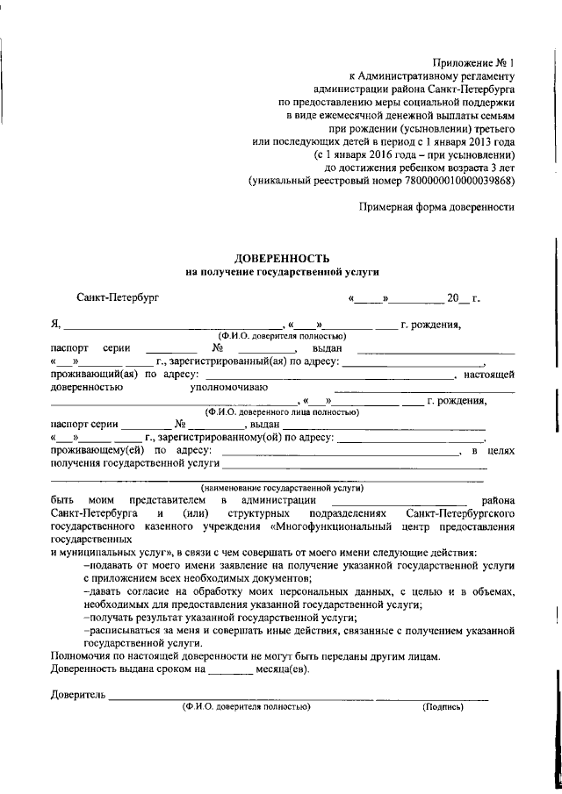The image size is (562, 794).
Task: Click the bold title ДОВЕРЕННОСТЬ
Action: coord(282,259)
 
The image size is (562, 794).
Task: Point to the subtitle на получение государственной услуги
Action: coord(282,273)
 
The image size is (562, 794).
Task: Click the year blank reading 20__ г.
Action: coord(463,298)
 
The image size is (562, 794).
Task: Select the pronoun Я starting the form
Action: coord(55,325)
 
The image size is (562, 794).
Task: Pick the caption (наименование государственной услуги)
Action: coord(282,488)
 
